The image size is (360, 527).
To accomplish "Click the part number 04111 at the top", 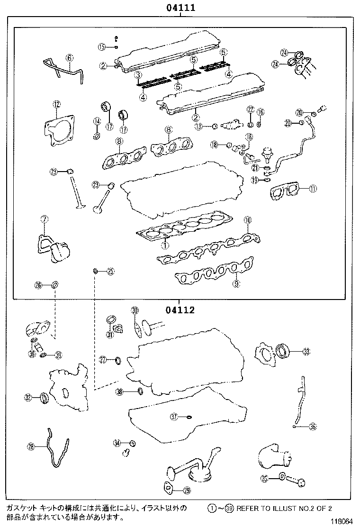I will [x=180, y=8].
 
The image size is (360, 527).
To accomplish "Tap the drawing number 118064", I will [x=342, y=521].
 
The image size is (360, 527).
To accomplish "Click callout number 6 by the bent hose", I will [x=69, y=58].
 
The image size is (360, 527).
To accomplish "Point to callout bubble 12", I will [x=56, y=104].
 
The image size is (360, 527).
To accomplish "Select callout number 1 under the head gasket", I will [x=164, y=245].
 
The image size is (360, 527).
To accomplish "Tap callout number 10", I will [x=247, y=220].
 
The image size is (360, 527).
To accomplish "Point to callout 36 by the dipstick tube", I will [x=312, y=427].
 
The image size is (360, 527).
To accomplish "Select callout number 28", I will [x=31, y=446].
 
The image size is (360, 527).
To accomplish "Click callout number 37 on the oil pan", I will [x=174, y=417].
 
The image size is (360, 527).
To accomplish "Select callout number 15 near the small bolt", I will [x=101, y=46].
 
